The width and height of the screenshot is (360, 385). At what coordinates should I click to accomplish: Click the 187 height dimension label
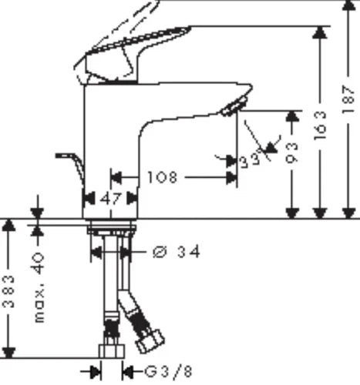pyautogui.click(x=348, y=99)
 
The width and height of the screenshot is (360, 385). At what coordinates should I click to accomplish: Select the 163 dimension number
pyautogui.click(x=320, y=126)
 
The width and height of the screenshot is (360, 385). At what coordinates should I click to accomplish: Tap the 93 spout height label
pyautogui.click(x=292, y=153)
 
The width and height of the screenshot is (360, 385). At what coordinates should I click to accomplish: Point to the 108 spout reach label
pyautogui.click(x=163, y=177)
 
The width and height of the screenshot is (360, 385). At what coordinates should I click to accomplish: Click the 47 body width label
pyautogui.click(x=110, y=199)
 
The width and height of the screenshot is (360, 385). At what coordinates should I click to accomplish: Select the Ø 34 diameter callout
pyautogui.click(x=177, y=252)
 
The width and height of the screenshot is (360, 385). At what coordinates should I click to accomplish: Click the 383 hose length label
pyautogui.click(x=8, y=291)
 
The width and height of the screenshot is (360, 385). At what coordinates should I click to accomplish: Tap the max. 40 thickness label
pyautogui.click(x=39, y=287)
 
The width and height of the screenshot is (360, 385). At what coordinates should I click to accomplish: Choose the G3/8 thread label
pyautogui.click(x=169, y=371)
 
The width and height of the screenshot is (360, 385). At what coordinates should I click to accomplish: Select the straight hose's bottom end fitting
pyautogui.click(x=112, y=351)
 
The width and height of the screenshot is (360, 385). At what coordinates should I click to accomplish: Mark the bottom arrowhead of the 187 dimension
pyautogui.click(x=348, y=213)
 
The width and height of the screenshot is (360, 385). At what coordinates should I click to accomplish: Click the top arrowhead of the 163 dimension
pyautogui.click(x=320, y=32)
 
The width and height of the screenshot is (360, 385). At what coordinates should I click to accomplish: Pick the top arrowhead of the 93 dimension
pyautogui.click(x=292, y=116)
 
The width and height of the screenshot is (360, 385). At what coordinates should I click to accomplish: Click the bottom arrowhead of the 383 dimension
pyautogui.click(x=8, y=353)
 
